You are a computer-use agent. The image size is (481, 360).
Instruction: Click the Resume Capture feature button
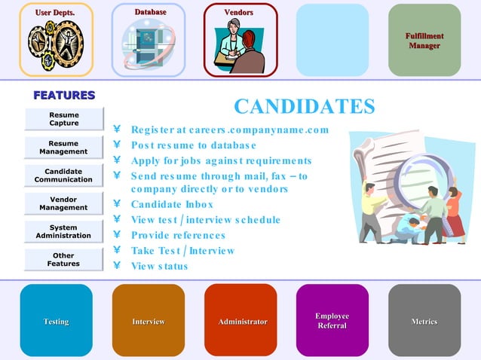tap(63, 119)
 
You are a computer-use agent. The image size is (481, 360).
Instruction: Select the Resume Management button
tap(63, 148)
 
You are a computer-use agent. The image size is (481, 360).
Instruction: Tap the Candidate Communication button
tap(63, 175)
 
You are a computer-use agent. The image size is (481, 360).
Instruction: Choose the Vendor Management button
tap(63, 203)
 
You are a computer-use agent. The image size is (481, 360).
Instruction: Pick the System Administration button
tap(63, 231)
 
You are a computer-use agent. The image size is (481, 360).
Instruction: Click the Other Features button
tap(63, 260)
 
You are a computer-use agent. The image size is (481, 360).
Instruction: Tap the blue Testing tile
tap(57, 320)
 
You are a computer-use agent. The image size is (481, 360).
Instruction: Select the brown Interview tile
tap(149, 320)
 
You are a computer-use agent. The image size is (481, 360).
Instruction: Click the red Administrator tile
tap(241, 320)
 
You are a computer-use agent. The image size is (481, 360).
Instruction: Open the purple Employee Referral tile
tap(332, 320)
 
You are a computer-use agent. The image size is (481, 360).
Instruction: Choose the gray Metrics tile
tap(424, 320)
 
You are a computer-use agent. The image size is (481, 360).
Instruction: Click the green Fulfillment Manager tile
tap(424, 40)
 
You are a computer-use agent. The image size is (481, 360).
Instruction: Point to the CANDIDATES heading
tap(304, 106)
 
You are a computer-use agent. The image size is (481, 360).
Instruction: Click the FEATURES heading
tap(63, 95)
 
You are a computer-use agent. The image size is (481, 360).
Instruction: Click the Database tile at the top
tap(149, 40)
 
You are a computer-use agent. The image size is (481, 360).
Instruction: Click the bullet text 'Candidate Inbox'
tap(172, 204)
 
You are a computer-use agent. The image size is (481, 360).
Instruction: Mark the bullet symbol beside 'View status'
tap(117, 266)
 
